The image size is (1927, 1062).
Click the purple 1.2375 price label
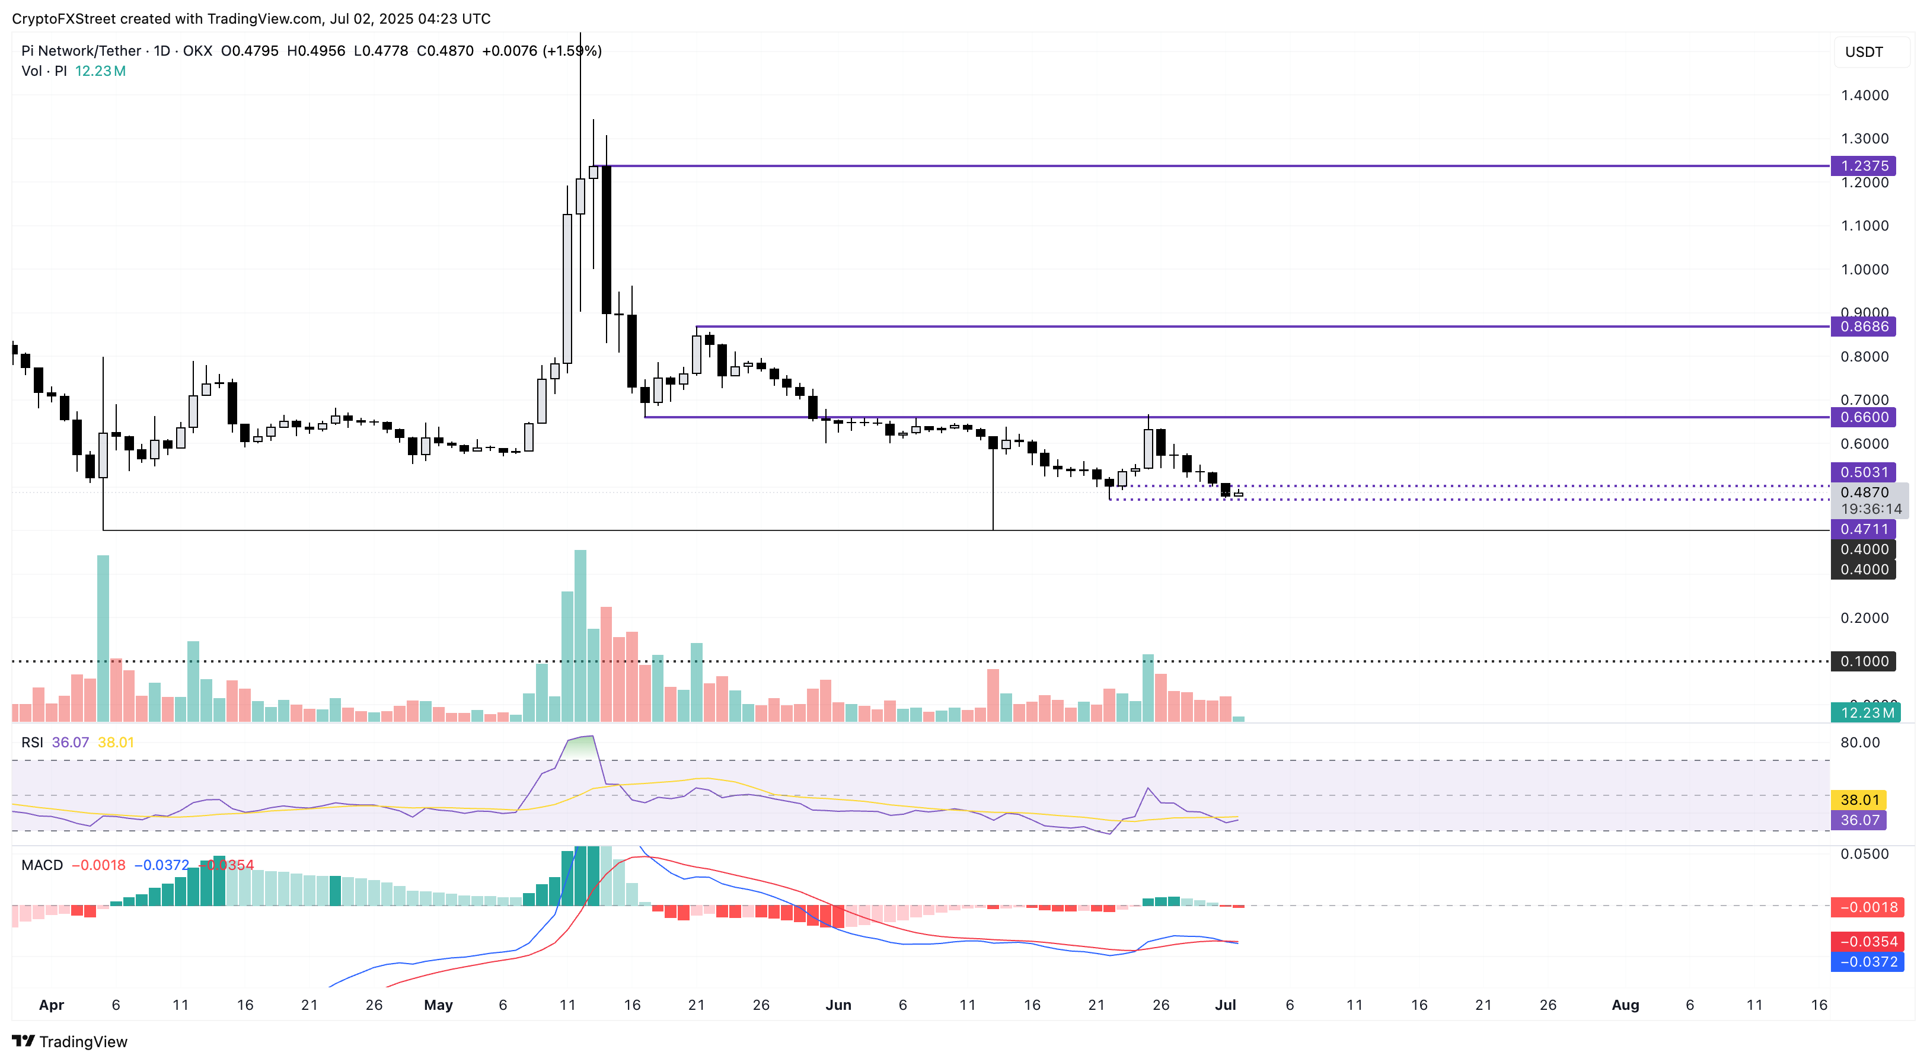click(1864, 166)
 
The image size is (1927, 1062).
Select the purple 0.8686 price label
click(1864, 326)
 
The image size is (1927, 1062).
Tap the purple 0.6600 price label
click(1864, 417)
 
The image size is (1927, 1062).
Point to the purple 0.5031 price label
click(1864, 472)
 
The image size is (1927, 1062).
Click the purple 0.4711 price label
click(1864, 529)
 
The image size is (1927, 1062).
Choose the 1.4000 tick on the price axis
click(1864, 95)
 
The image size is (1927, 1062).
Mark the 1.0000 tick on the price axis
click(1864, 269)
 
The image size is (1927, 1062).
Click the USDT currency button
click(1864, 52)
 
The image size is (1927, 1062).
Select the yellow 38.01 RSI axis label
click(1859, 799)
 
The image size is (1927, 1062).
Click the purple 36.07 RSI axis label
click(1859, 820)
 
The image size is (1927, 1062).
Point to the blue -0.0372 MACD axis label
click(1867, 962)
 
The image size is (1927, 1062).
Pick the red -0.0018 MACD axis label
click(1867, 907)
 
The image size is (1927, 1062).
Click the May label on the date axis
click(438, 1005)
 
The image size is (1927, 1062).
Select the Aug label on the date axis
click(1625, 1005)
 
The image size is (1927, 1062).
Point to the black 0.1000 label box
click(1864, 661)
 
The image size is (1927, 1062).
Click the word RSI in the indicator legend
click(32, 743)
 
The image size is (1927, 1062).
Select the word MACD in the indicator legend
click(42, 865)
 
